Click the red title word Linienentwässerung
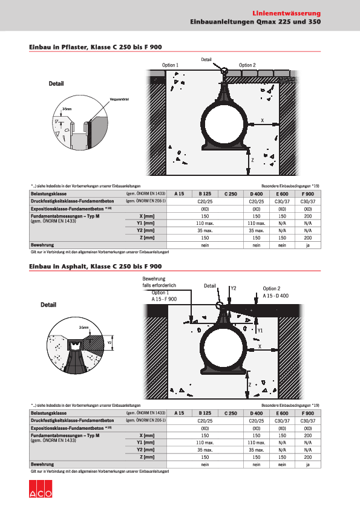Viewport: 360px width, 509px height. click(286, 13)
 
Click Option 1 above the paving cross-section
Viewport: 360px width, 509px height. click(170, 65)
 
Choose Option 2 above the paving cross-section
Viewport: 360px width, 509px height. click(247, 65)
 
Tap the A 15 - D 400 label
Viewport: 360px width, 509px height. click(275, 296)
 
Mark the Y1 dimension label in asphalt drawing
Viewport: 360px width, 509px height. click(260, 331)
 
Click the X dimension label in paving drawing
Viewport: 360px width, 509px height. click(262, 120)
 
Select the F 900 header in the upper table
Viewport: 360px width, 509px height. click(307, 193)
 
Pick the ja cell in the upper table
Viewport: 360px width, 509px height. click(307, 245)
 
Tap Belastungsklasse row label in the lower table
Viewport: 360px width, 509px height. click(48, 412)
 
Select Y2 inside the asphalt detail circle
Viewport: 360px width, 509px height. click(110, 342)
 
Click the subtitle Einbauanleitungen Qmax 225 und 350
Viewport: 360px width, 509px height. click(255, 22)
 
